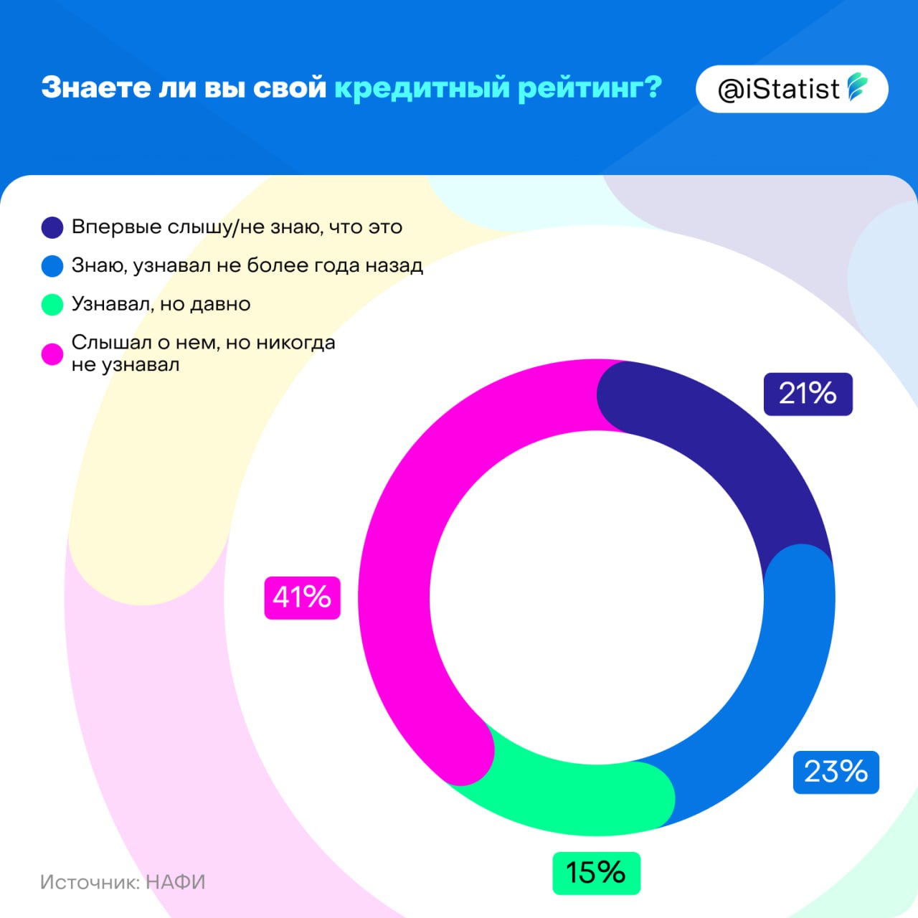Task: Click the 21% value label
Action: point(808,394)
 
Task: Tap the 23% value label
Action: point(836,772)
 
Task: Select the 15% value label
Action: point(595,873)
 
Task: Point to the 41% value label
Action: point(302,597)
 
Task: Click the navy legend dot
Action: point(52,227)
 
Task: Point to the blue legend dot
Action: point(52,266)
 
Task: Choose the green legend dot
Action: point(52,304)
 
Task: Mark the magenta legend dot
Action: point(52,354)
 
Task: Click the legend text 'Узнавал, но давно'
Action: point(161,304)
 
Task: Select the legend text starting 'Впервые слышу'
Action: point(237,227)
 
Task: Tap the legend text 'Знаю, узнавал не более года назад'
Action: point(247,266)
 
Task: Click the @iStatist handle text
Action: point(778,90)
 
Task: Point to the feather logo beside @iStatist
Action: point(858,87)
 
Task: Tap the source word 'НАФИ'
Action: point(176,881)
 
